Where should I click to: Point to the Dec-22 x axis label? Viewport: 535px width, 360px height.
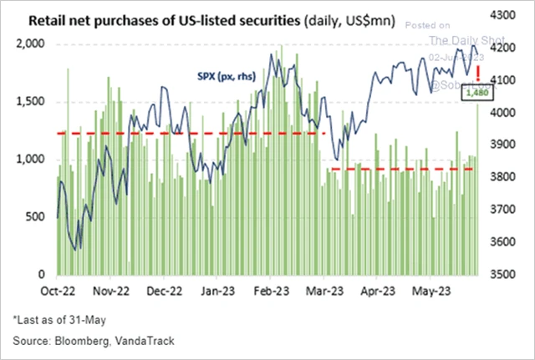coord(165,292)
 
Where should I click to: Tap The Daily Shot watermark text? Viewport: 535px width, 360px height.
coord(458,40)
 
